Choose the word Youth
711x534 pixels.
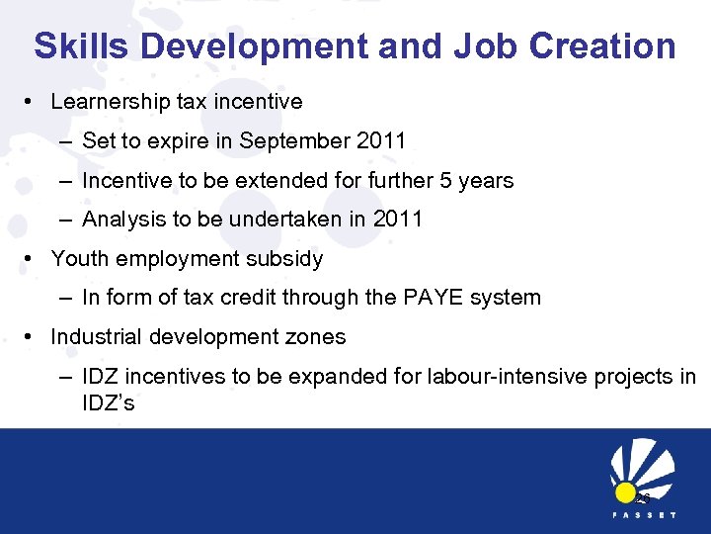click(x=77, y=259)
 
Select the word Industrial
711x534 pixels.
click(x=96, y=337)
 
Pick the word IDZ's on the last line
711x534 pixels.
click(x=109, y=403)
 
